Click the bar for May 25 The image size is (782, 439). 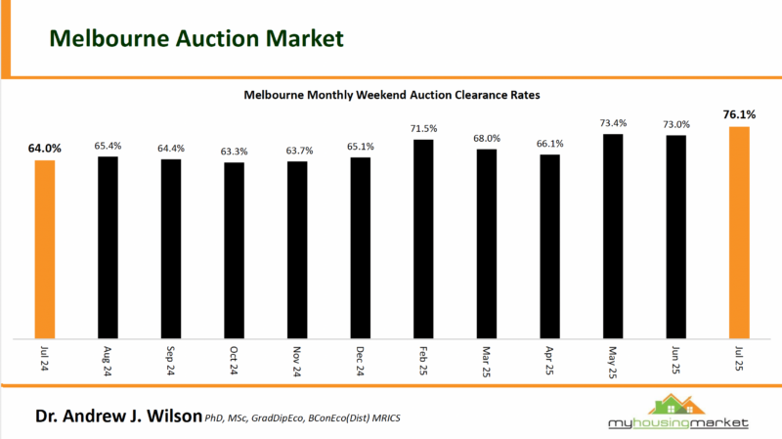click(613, 235)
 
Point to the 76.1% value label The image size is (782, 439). click(738, 114)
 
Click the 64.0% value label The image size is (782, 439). click(45, 149)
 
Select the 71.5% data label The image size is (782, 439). click(423, 128)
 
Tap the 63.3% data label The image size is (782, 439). click(235, 151)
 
